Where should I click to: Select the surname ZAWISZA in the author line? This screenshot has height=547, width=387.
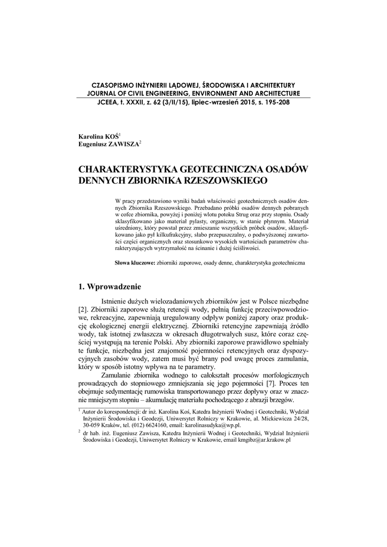click(x=123, y=144)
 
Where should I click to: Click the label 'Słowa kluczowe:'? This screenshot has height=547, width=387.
click(x=135, y=263)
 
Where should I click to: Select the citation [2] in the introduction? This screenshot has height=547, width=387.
click(x=83, y=310)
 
